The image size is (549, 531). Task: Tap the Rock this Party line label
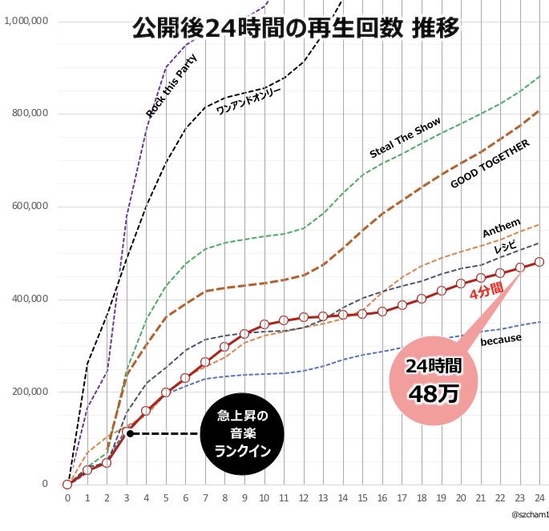click(172, 86)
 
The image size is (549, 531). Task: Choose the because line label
click(501, 340)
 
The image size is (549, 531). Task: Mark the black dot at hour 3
click(128, 433)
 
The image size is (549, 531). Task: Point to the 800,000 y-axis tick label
click(27, 114)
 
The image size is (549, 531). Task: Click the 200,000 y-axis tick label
click(27, 392)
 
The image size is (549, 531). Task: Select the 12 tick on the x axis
click(303, 497)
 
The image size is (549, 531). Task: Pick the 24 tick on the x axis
click(539, 497)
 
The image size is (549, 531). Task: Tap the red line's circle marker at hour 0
click(67, 484)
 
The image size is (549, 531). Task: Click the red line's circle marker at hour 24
click(539, 262)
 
